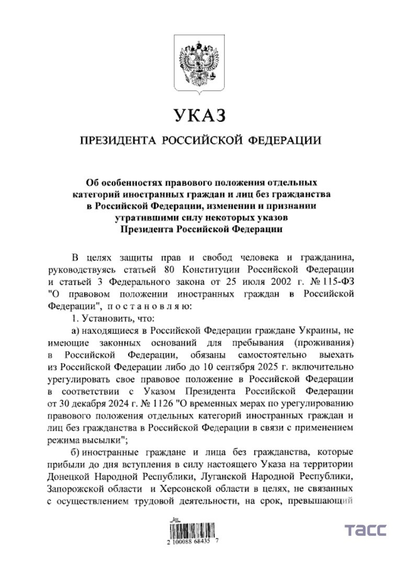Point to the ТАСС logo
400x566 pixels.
(365, 530)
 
